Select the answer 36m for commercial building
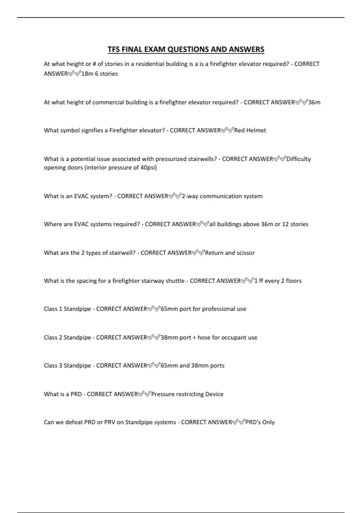point(314,102)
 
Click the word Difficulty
point(298,159)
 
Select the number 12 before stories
point(285,224)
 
